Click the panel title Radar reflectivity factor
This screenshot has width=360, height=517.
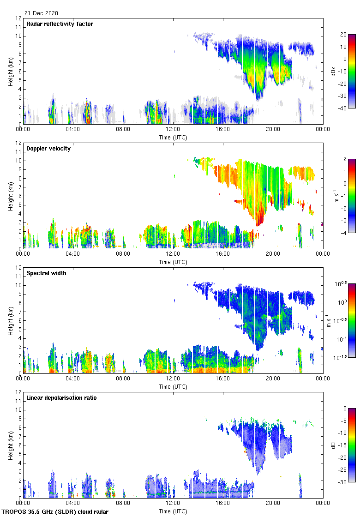click(x=60, y=24)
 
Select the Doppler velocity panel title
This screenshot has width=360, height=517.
click(x=48, y=149)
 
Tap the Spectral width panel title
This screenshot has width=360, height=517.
click(x=47, y=273)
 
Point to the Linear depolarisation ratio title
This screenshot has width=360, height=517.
click(x=61, y=398)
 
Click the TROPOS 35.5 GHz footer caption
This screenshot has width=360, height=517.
click(x=55, y=512)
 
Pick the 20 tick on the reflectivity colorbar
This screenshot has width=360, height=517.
click(x=343, y=35)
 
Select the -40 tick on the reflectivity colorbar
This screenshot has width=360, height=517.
click(x=344, y=108)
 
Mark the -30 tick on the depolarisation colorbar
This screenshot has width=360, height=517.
click(x=344, y=482)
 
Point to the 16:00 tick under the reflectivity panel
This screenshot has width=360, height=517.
click(x=223, y=130)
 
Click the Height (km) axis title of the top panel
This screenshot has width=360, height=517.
click(x=10, y=71)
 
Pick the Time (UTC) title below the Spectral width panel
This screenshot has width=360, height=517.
click(x=173, y=387)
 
